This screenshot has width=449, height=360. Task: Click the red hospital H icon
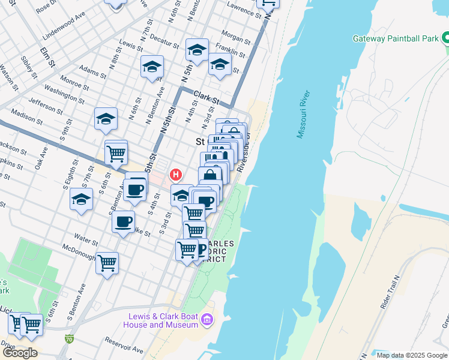[175, 175]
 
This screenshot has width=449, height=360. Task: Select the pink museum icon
[208, 320]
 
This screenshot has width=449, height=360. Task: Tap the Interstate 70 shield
[70, 339]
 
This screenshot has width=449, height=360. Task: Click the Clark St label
[206, 95]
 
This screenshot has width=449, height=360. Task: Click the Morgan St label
[236, 40]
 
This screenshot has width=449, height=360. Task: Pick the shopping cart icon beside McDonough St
[107, 262]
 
